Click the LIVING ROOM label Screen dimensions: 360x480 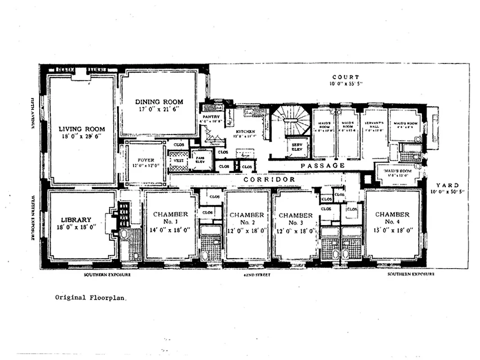tap(82, 129)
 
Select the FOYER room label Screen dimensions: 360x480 tap(146, 160)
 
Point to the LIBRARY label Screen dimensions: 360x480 tap(76, 220)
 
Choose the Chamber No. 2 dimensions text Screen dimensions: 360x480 tap(247, 230)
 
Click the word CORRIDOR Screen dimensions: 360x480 tap(269, 180)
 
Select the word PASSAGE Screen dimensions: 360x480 tap(323, 166)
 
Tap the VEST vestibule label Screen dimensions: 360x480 tap(179, 159)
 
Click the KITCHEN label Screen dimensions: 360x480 tap(244, 132)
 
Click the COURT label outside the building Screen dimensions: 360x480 tap(345, 77)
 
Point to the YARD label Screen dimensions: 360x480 tap(447, 185)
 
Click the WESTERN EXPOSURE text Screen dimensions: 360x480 tap(33, 217)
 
